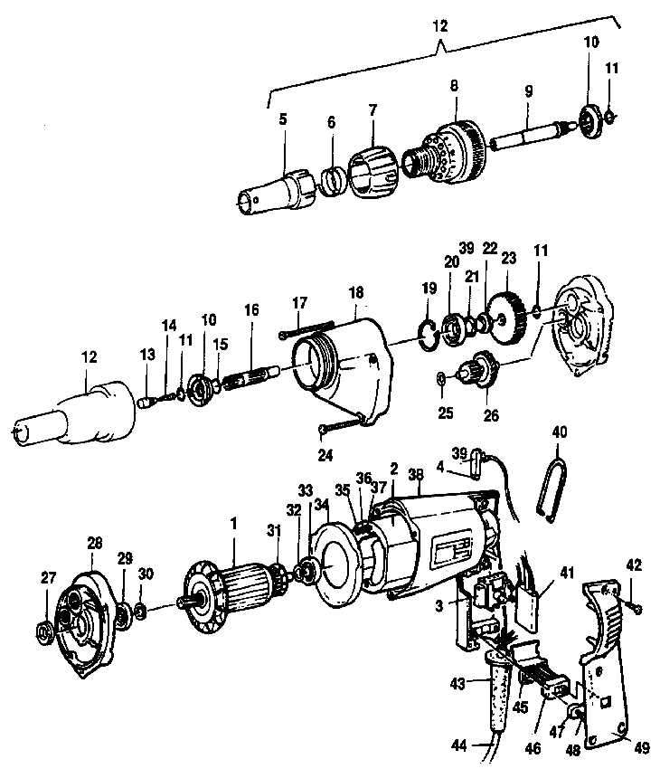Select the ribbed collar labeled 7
tap(372, 171)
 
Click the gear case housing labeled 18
tap(344, 362)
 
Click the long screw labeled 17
tap(307, 332)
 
